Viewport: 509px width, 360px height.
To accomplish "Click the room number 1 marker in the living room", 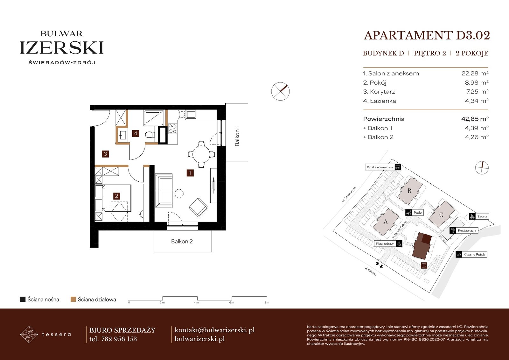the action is coord(190,173).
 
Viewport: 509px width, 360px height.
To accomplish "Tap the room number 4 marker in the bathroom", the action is coord(136,133).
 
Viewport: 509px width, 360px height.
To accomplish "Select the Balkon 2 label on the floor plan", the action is coord(182,241).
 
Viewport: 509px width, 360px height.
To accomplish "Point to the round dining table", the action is coord(201,154).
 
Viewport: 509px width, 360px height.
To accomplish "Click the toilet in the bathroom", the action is coord(150,135).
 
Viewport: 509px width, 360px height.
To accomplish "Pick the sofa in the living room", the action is coord(164,191).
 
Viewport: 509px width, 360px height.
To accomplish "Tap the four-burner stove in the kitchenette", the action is coord(172,129).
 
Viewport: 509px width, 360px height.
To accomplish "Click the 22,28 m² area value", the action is coord(475,73).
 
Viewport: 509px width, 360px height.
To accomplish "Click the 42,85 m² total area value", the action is coord(475,119).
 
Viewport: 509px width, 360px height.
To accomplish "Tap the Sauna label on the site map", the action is coord(482,216).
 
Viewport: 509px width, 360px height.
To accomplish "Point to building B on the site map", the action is coord(409,191).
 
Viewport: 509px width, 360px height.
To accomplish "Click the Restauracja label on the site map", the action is coord(467,230).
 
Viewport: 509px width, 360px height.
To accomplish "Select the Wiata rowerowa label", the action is coord(380,167).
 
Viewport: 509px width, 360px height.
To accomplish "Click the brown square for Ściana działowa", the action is coord(73,299).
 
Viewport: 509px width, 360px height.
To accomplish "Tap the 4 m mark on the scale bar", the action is coord(197,302).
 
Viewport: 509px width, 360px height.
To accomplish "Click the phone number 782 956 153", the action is coord(119,339).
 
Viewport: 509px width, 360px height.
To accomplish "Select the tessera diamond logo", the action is coord(29,334).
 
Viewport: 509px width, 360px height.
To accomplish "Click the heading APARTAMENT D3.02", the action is coord(427,35).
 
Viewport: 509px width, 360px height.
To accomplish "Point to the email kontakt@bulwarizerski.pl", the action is coord(214,330).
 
